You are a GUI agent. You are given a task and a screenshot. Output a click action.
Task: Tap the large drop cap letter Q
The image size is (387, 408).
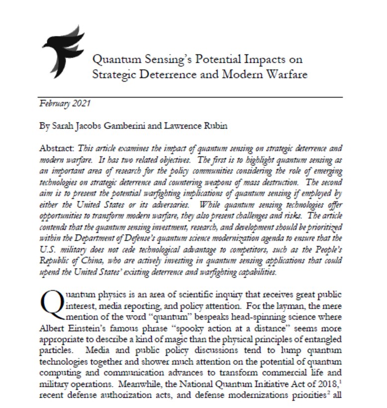tap(52, 302)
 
